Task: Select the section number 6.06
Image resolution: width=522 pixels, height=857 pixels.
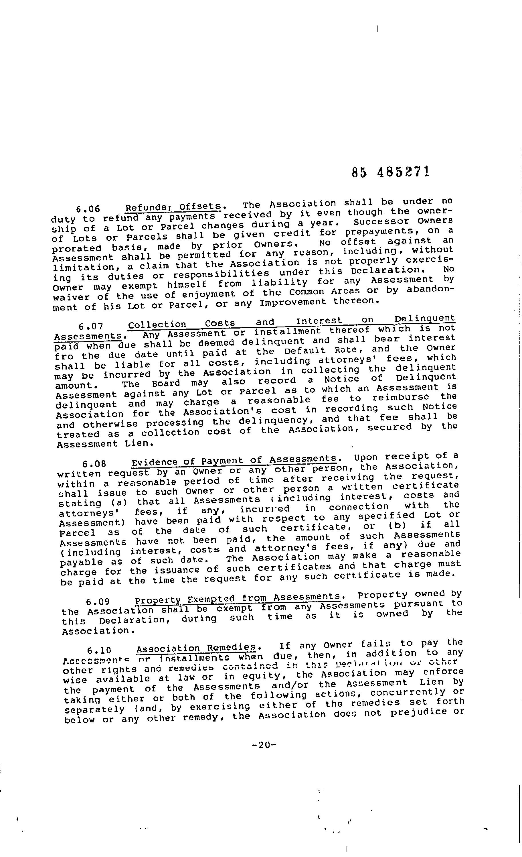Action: (88, 209)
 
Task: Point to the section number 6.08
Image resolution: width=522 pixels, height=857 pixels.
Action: (94, 464)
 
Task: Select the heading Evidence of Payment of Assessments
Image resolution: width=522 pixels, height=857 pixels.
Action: (234, 461)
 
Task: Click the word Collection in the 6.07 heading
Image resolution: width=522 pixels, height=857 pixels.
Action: (157, 325)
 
